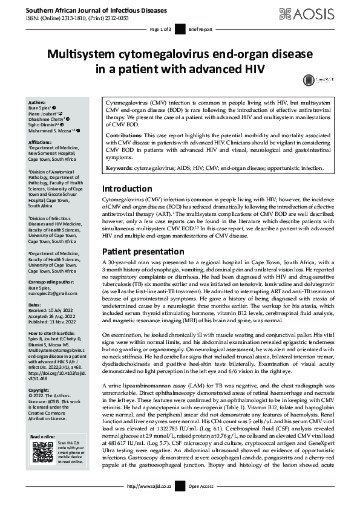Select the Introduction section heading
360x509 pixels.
126,188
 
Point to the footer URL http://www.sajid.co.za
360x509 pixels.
149,502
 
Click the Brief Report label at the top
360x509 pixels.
201,28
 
